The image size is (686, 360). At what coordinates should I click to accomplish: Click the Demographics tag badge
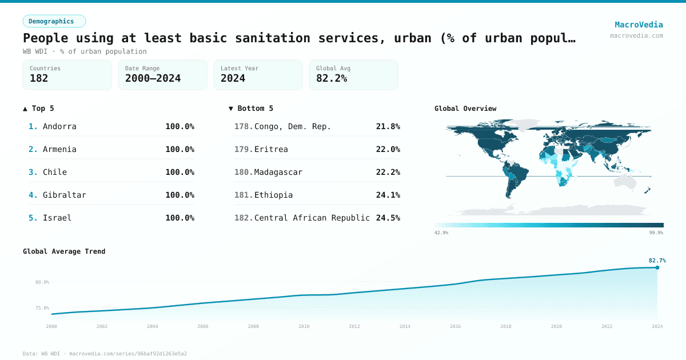click(54, 21)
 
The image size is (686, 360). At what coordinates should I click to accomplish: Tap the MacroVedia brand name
click(639, 25)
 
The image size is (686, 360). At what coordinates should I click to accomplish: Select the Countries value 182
click(39, 78)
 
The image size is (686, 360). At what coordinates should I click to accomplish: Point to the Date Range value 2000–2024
click(153, 78)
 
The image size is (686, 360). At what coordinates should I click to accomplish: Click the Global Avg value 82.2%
click(332, 78)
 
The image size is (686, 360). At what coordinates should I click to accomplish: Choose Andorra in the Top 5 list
click(59, 126)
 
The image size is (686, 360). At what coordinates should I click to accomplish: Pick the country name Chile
click(55, 172)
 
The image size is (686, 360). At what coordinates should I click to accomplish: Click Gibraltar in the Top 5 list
click(65, 195)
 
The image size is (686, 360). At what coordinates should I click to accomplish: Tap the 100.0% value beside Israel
click(180, 218)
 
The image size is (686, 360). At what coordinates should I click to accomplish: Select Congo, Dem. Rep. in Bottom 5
click(293, 126)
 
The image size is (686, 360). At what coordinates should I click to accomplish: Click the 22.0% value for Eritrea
click(388, 149)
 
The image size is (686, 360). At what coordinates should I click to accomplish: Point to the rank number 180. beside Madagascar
click(244, 172)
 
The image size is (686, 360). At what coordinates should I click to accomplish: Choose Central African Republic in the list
click(312, 218)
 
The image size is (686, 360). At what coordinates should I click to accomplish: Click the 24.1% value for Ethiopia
click(388, 195)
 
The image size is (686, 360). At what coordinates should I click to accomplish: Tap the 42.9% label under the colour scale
click(441, 233)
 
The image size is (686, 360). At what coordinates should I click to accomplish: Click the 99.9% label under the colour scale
click(656, 233)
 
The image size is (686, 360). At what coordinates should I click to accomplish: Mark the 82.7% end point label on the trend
click(657, 261)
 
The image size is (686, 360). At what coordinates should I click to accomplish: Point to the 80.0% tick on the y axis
click(42, 282)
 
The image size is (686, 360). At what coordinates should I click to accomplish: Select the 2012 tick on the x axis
click(354, 326)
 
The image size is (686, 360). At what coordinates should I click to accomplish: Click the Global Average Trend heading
click(64, 251)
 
